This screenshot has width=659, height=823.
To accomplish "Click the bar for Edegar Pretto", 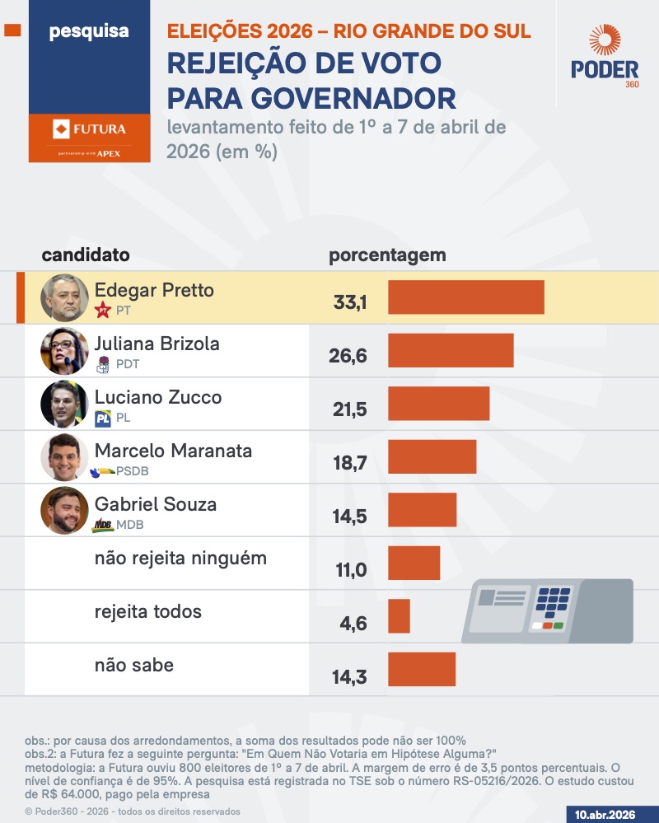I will (465, 297).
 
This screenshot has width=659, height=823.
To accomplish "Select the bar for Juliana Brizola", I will (451, 350).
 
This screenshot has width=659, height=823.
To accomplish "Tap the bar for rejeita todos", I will (399, 616).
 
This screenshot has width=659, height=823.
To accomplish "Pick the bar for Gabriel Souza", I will (422, 510).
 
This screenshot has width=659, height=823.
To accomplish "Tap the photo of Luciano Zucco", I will (64, 404).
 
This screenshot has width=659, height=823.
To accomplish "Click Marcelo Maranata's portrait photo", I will (64, 457).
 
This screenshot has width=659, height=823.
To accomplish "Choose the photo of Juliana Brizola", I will (64, 351).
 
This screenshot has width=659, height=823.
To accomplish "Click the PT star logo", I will (103, 311).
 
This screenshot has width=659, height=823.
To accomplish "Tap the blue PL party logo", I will (103, 419).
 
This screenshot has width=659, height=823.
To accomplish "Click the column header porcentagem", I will (387, 255).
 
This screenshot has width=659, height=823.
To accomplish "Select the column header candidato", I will (86, 255).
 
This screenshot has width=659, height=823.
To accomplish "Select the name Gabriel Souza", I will (156, 504).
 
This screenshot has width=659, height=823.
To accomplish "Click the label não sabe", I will (134, 665).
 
